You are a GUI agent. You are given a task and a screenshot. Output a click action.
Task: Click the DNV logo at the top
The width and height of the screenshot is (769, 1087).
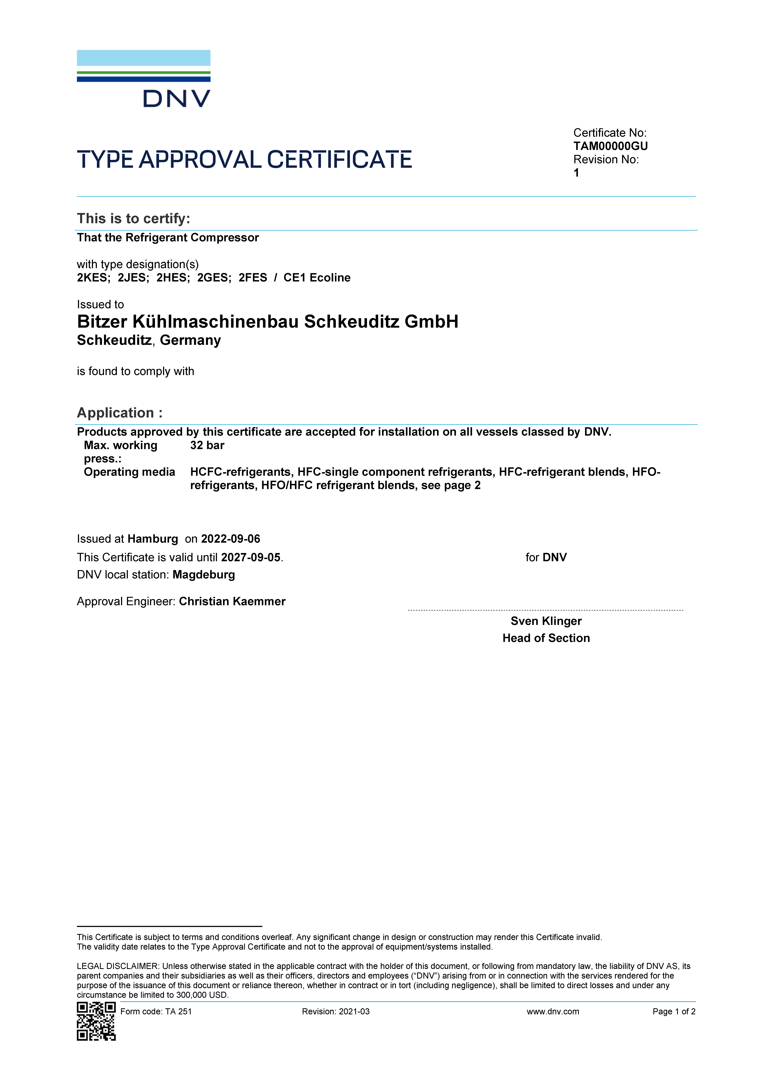[x=144, y=79]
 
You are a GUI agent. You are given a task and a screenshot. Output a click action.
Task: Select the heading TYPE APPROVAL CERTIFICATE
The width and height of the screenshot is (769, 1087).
[x=244, y=160]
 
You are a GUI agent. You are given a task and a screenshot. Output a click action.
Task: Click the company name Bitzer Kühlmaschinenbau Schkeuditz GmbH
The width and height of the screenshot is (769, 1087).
[x=267, y=321]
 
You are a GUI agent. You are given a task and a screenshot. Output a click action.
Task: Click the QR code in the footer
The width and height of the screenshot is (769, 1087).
[x=96, y=1021]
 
